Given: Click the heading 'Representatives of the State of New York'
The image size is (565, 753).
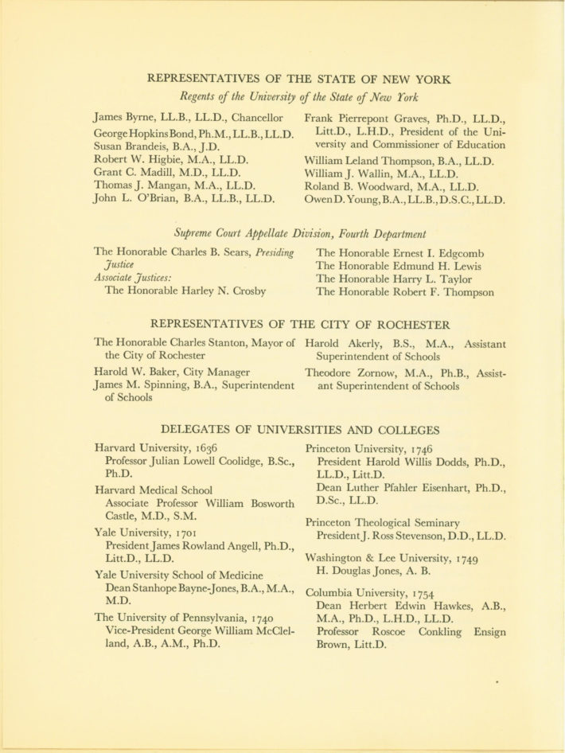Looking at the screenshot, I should coord(299,80).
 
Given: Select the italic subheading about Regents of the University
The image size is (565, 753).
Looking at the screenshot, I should coord(299,98).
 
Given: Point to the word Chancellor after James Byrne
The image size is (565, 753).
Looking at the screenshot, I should coord(255,118).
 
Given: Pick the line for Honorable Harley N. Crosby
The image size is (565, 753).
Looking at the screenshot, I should coord(185,291).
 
